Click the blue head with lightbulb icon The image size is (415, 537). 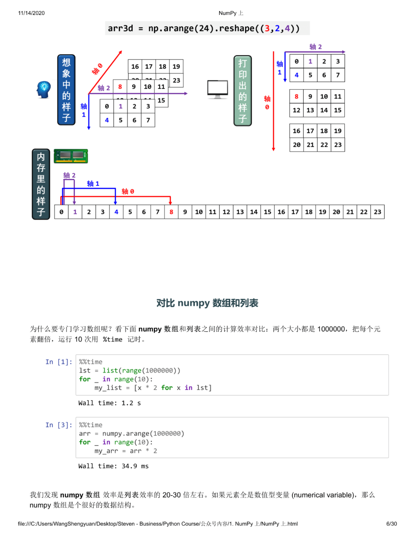(x=44, y=90)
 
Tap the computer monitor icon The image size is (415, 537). (x=217, y=89)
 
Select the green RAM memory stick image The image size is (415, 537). (x=71, y=156)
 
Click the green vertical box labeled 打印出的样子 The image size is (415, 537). (x=242, y=91)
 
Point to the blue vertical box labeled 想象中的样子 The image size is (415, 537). (x=66, y=90)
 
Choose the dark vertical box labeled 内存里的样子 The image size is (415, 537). (x=41, y=184)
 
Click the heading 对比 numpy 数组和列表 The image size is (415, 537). (x=207, y=303)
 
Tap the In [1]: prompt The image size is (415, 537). (x=58, y=362)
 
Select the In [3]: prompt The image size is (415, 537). (x=58, y=425)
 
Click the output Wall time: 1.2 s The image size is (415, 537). (x=110, y=403)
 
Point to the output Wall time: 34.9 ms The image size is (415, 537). (x=113, y=466)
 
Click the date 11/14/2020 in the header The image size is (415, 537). (x=31, y=13)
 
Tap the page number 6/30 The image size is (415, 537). (x=391, y=524)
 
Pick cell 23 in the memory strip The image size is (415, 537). (x=377, y=212)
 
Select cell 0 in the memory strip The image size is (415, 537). (x=61, y=212)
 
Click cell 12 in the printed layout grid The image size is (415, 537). (x=296, y=110)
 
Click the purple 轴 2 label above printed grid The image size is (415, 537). (x=315, y=47)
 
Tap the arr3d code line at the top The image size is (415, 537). (x=204, y=28)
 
